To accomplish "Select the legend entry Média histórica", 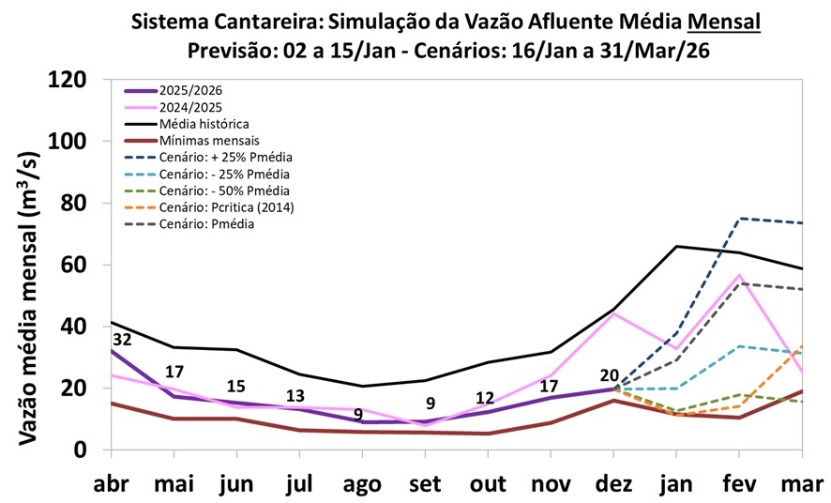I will [203, 124].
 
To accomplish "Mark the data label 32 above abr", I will [122, 339].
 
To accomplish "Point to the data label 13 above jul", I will [295, 395].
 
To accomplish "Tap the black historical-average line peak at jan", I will [677, 246].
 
